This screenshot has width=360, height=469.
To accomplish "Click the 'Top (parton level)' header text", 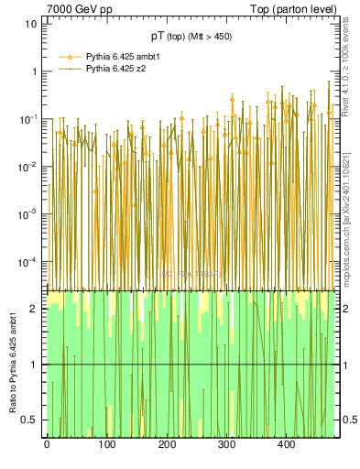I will (298, 9).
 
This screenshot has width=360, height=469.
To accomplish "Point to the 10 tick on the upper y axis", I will (30, 23).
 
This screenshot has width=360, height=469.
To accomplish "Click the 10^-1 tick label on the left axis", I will (27, 119).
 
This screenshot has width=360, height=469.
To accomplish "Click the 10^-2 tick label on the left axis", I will (27, 167).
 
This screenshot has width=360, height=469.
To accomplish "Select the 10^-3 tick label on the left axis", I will (27, 214).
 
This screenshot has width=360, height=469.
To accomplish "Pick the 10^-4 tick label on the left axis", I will (27, 262).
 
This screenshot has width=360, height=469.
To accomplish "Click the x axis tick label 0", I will (47, 445).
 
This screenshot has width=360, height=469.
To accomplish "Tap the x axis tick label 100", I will (107, 445).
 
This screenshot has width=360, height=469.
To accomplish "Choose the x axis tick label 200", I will (168, 445).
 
